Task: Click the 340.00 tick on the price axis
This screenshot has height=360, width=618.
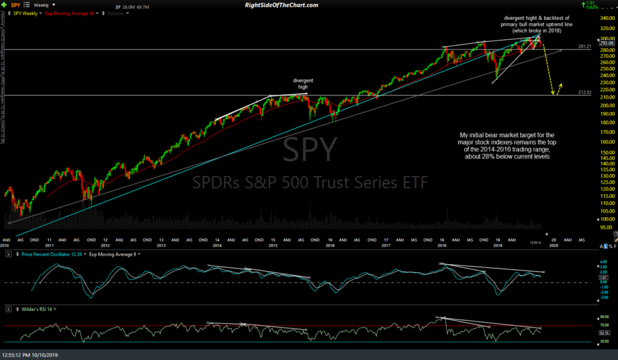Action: tap(608, 18)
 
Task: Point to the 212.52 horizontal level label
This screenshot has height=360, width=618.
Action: tap(585, 92)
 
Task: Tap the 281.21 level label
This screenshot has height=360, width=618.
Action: tap(585, 46)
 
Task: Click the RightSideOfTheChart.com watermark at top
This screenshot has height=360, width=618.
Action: tap(282, 5)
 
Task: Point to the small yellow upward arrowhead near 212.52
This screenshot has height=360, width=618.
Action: tap(561, 84)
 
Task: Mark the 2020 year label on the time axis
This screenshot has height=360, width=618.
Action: tap(553, 246)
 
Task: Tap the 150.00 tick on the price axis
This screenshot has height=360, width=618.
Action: tap(608, 153)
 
